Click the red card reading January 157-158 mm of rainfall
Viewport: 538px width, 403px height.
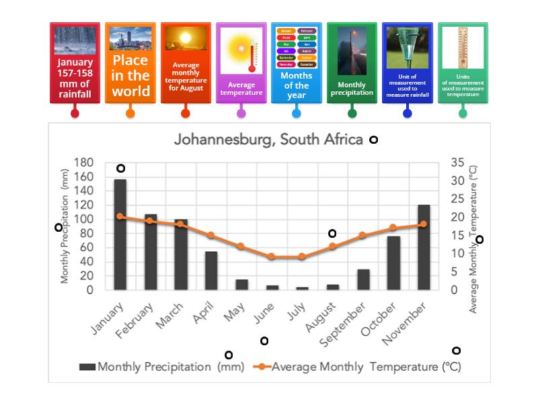tap(75, 63)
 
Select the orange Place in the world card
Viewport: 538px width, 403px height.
tap(130, 63)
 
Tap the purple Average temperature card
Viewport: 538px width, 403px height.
tap(241, 63)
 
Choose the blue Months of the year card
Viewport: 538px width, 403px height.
tap(296, 63)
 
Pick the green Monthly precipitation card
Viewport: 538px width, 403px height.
tap(352, 63)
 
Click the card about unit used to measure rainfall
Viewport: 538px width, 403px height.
tap(407, 63)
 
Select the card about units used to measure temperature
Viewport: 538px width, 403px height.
tap(463, 63)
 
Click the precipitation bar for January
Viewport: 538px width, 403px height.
tap(120, 234)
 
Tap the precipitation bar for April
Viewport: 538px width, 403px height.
tap(211, 271)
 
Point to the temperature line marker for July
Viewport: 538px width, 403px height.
tap(302, 257)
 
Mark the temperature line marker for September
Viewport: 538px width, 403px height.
tap(363, 235)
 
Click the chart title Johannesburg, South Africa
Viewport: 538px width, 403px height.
tap(268, 140)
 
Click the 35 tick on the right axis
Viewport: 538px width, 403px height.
tap(457, 163)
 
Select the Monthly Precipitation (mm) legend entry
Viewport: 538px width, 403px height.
tap(161, 367)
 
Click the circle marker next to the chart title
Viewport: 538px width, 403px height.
tap(373, 140)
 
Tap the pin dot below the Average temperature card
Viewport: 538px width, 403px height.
tap(241, 113)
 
